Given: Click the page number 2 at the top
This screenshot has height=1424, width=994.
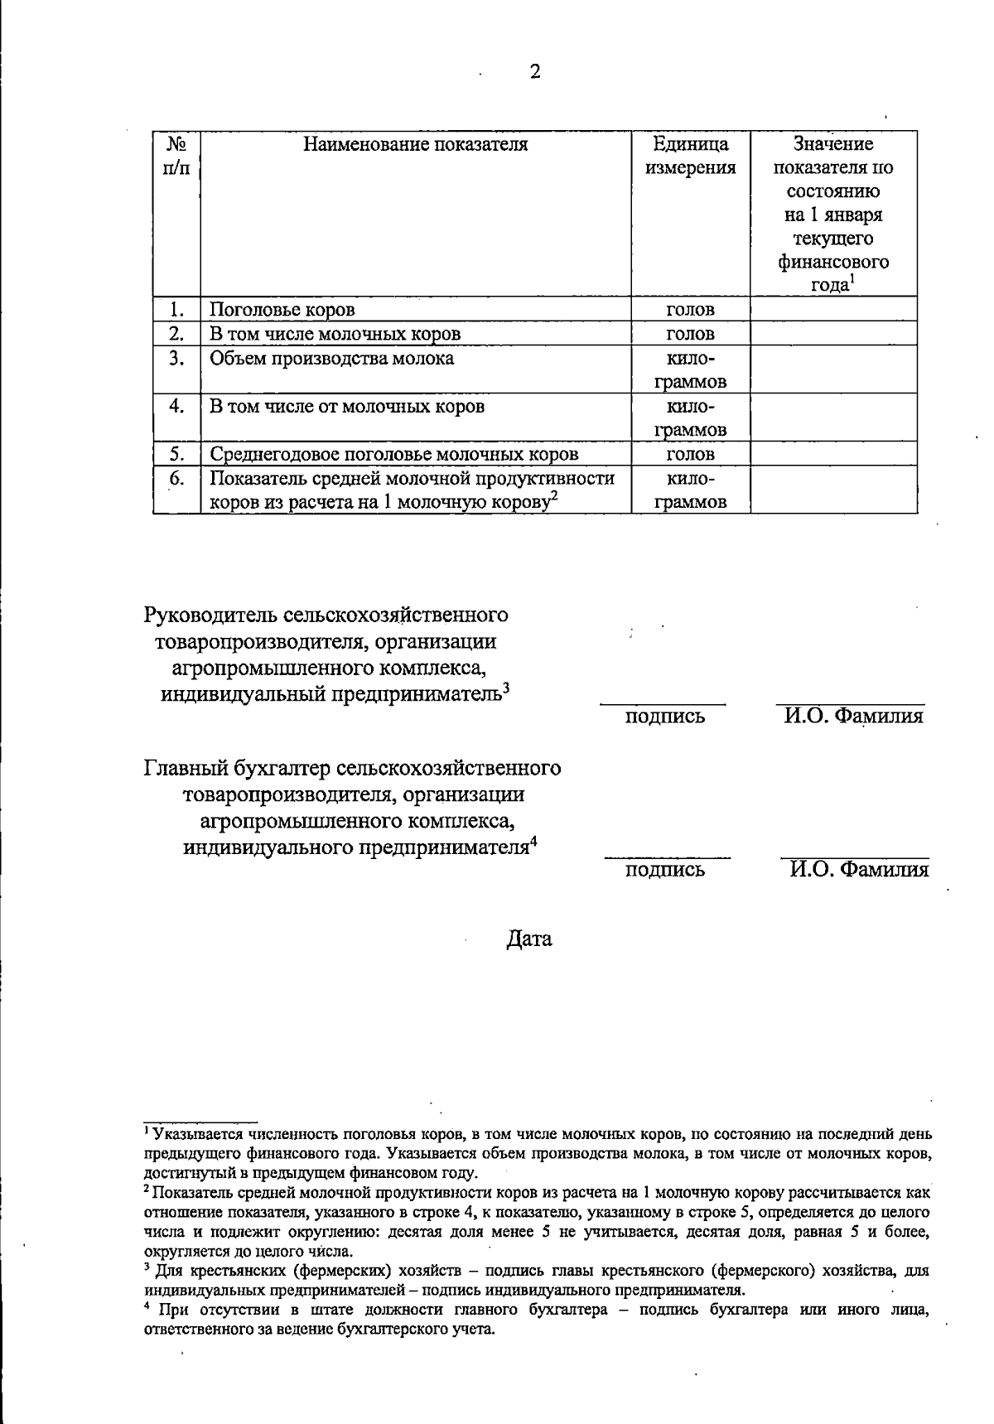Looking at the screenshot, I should point(534,72).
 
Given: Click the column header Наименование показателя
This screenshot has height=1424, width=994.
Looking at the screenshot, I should point(415,145).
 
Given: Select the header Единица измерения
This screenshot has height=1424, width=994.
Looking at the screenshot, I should point(690,157).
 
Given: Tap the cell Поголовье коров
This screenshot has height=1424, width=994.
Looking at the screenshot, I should point(282,310).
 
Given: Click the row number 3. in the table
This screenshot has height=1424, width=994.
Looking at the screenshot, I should point(176,359).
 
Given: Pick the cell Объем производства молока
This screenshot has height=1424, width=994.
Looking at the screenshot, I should point(331,359).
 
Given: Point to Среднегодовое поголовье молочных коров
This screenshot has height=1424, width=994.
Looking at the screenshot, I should point(393,454).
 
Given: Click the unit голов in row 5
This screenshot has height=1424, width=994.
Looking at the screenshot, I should point(690,454).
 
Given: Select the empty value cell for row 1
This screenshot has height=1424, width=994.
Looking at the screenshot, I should point(833,310).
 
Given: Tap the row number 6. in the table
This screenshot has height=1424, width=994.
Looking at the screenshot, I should point(176,479).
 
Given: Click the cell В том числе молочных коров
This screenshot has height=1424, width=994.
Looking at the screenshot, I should point(335,334).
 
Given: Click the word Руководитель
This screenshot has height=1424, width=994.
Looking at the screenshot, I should point(210,615).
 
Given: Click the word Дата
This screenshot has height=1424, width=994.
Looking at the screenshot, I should point(529,939).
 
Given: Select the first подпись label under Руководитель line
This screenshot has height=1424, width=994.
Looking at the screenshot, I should point(665,717).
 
